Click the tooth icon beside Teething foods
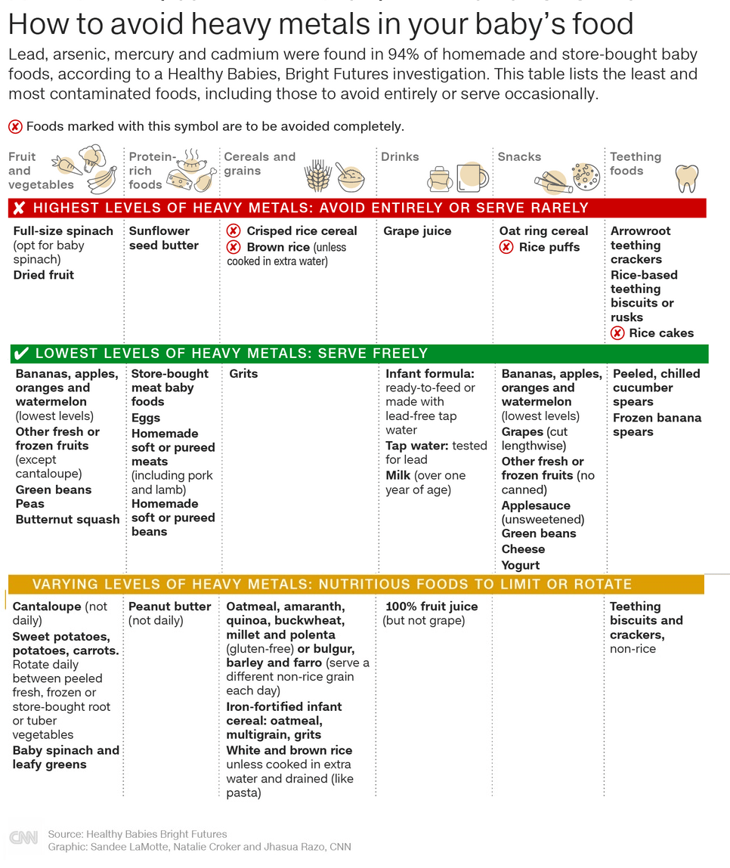point(686,178)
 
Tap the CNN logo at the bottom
point(23,839)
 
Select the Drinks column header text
point(400,157)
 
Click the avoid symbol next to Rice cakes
point(617,333)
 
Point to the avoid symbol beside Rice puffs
point(506,247)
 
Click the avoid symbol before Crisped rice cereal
point(234,231)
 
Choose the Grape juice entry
point(417,231)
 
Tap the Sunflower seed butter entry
point(164,238)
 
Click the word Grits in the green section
point(243,374)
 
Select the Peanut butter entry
point(170,607)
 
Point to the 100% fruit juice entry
point(432,607)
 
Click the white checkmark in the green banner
point(22,354)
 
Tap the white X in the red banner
point(19,209)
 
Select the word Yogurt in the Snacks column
point(521,565)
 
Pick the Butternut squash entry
point(68,520)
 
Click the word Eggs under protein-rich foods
point(146,418)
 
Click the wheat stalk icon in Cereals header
point(317,177)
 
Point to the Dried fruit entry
point(44,275)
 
